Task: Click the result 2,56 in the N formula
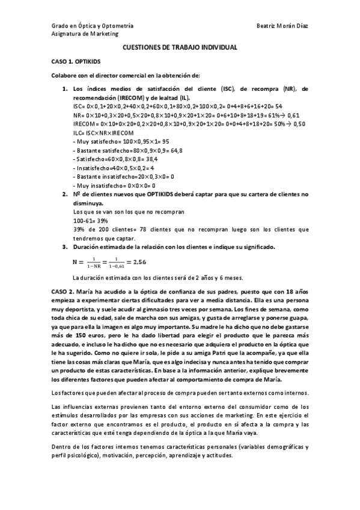tap(140, 262)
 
